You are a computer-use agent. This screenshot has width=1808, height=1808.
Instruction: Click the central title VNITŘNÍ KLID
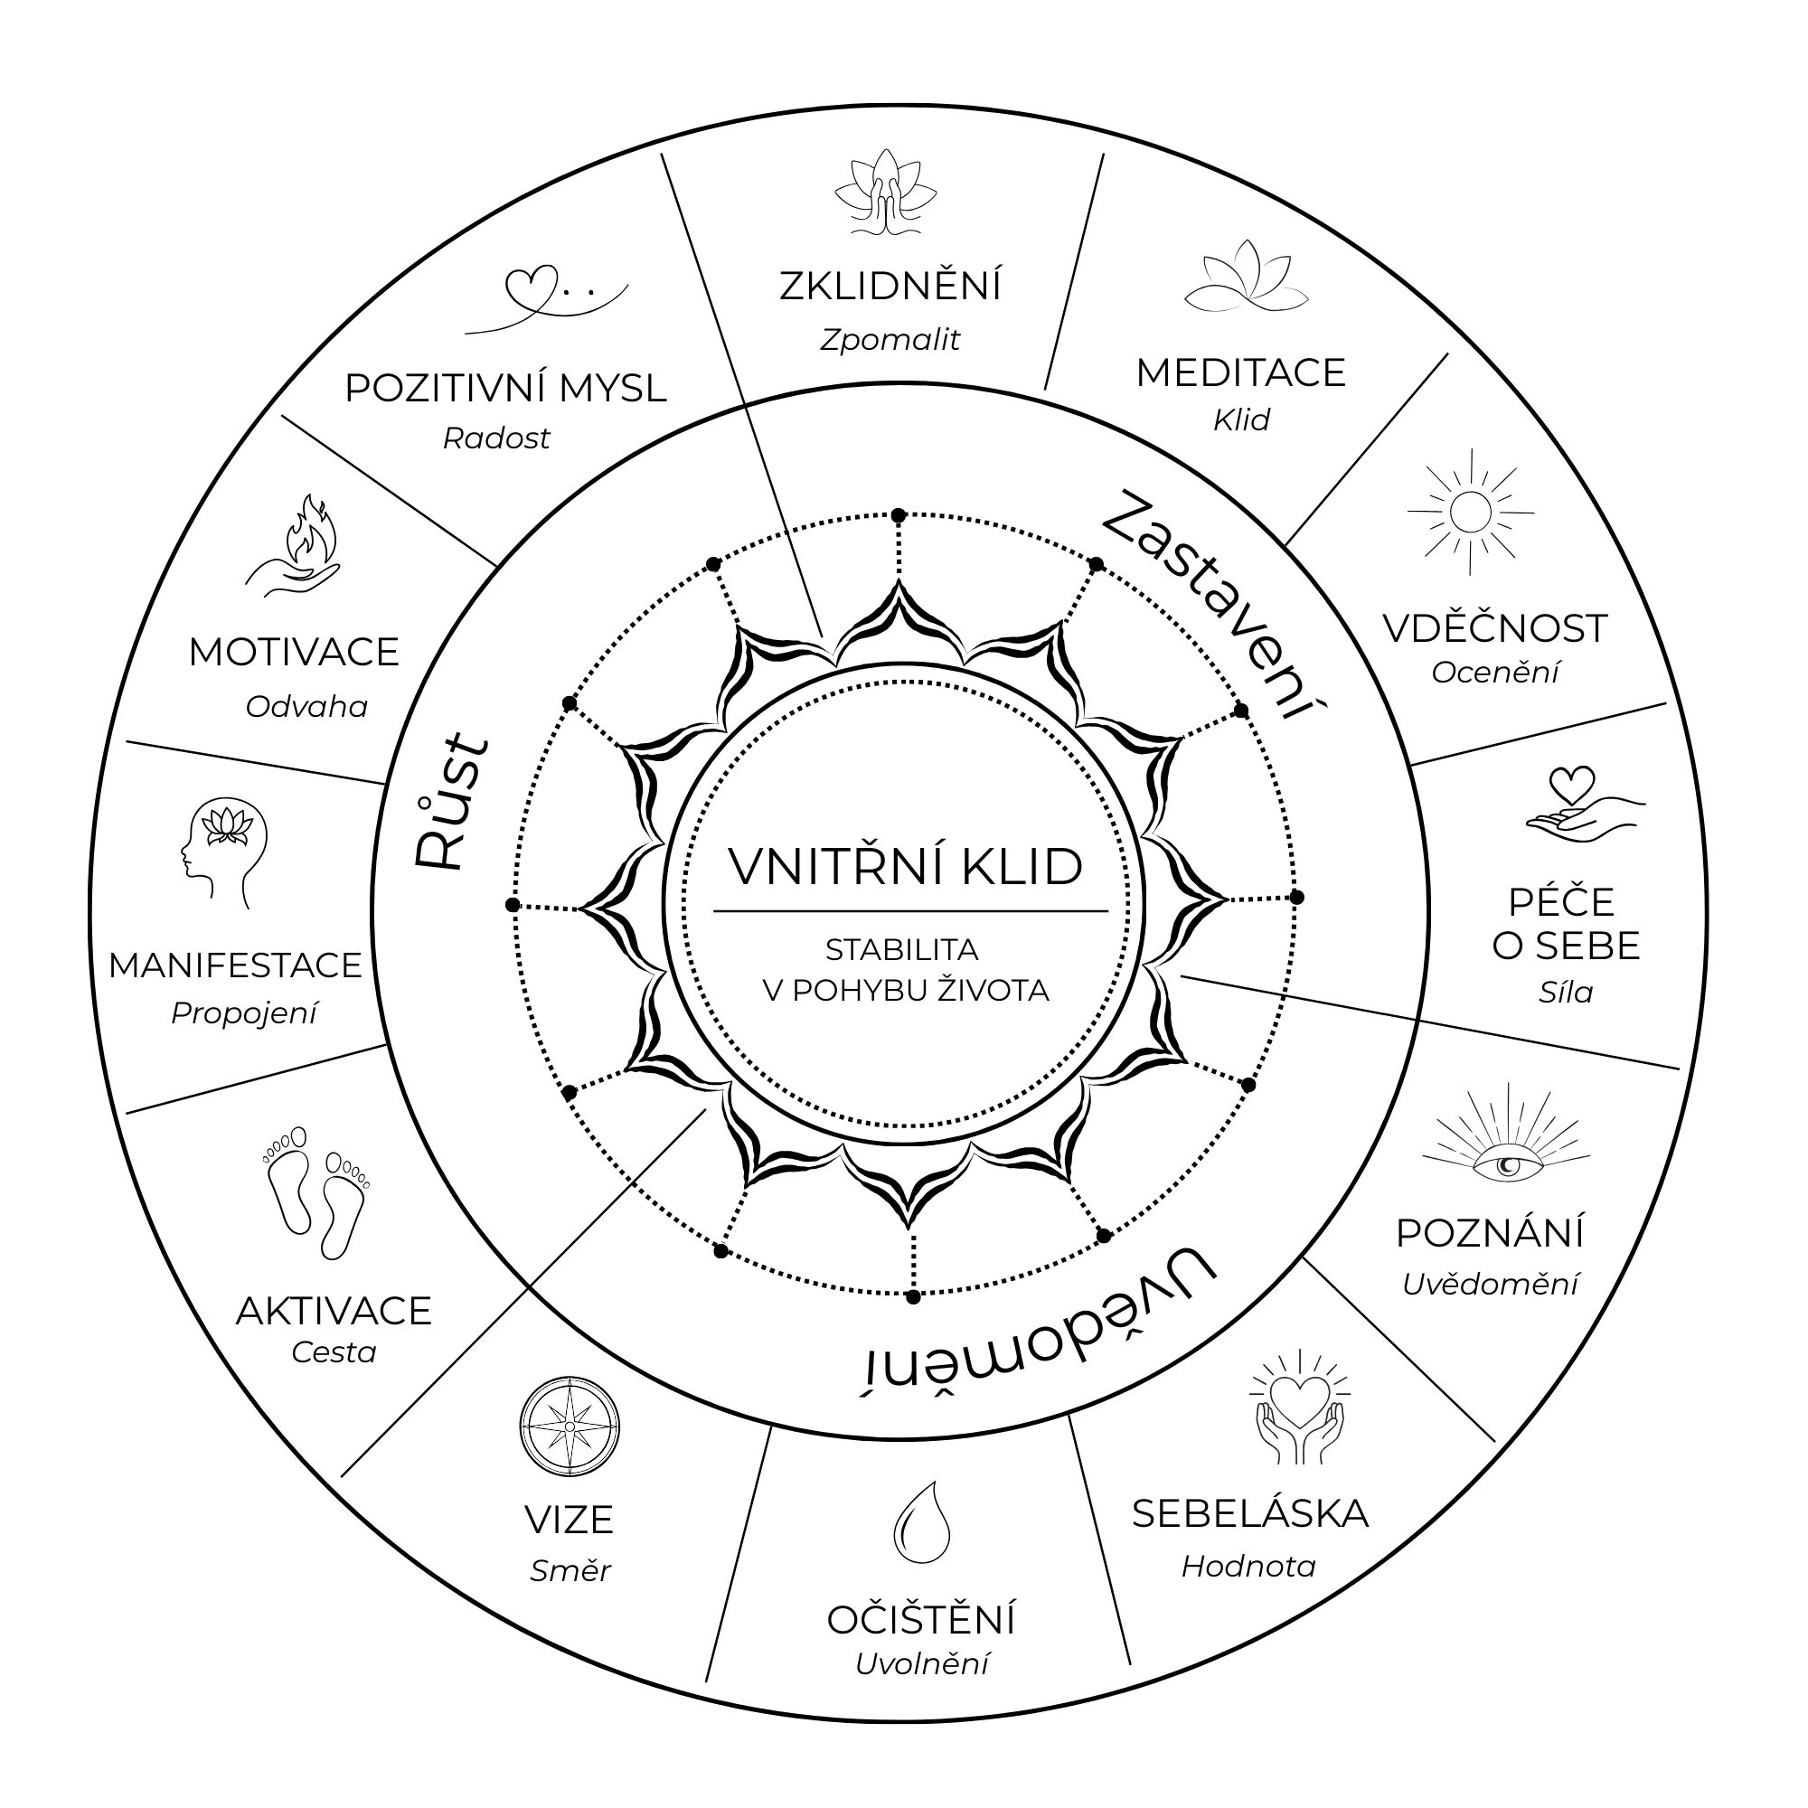[905, 867]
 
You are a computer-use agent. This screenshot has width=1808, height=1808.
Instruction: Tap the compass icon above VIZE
[569, 1426]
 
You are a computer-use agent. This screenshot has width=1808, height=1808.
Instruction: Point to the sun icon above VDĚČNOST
[1470, 512]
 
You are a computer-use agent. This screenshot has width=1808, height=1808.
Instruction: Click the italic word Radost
[496, 438]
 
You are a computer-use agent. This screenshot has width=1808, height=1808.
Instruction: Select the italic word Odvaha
[307, 707]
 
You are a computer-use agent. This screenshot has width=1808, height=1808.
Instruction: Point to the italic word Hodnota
[1248, 1567]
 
